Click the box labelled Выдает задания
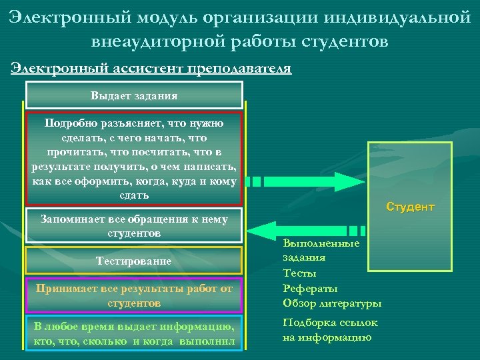[x=134, y=95]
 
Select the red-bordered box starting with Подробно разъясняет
[x=134, y=159]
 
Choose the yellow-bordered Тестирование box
[x=134, y=261]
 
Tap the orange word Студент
[x=410, y=207]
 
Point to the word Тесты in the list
[x=299, y=273]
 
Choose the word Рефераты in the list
[x=310, y=288]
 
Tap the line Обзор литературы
[x=332, y=303]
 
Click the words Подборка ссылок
[x=330, y=323]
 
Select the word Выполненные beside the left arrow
[x=321, y=243]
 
